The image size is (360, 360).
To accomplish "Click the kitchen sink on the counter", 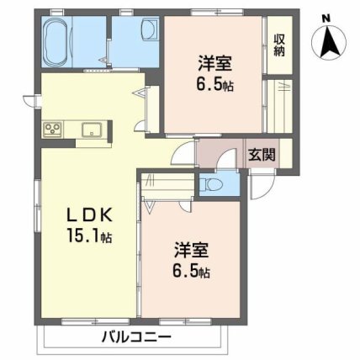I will [92, 130].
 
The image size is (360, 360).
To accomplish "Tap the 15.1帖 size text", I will [87, 236].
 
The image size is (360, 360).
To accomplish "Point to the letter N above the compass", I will [326, 15].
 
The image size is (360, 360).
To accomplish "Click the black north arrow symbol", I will [326, 40].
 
